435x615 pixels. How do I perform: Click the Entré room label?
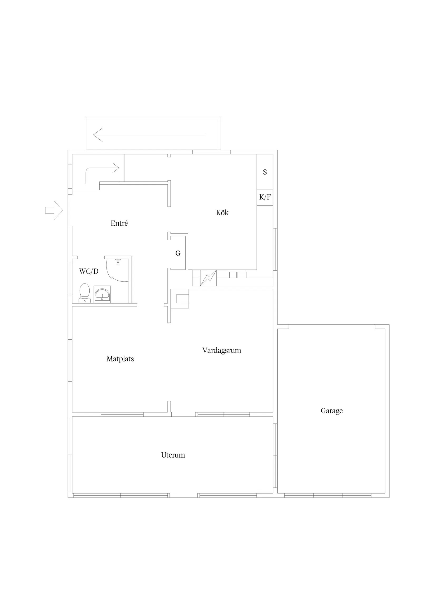click(119, 223)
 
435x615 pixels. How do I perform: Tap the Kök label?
click(222, 212)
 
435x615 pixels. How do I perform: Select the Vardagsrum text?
click(222, 350)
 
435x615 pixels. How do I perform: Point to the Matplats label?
click(120, 359)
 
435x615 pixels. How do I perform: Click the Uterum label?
click(173, 455)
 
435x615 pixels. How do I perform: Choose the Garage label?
click(332, 411)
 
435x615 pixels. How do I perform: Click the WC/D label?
click(89, 271)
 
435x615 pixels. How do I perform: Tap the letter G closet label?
click(178, 253)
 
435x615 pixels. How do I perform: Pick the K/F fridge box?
click(265, 197)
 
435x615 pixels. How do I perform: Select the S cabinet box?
click(265, 172)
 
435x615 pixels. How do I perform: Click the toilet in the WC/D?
click(84, 293)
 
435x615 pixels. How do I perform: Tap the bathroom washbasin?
click(102, 294)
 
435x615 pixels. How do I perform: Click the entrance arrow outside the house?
click(54, 210)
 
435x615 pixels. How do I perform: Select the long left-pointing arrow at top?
click(149, 135)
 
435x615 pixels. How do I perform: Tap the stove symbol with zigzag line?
click(208, 278)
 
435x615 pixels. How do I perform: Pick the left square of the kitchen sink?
click(233, 275)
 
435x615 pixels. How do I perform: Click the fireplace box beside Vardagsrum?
click(182, 299)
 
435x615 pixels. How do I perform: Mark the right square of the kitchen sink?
click(242, 275)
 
